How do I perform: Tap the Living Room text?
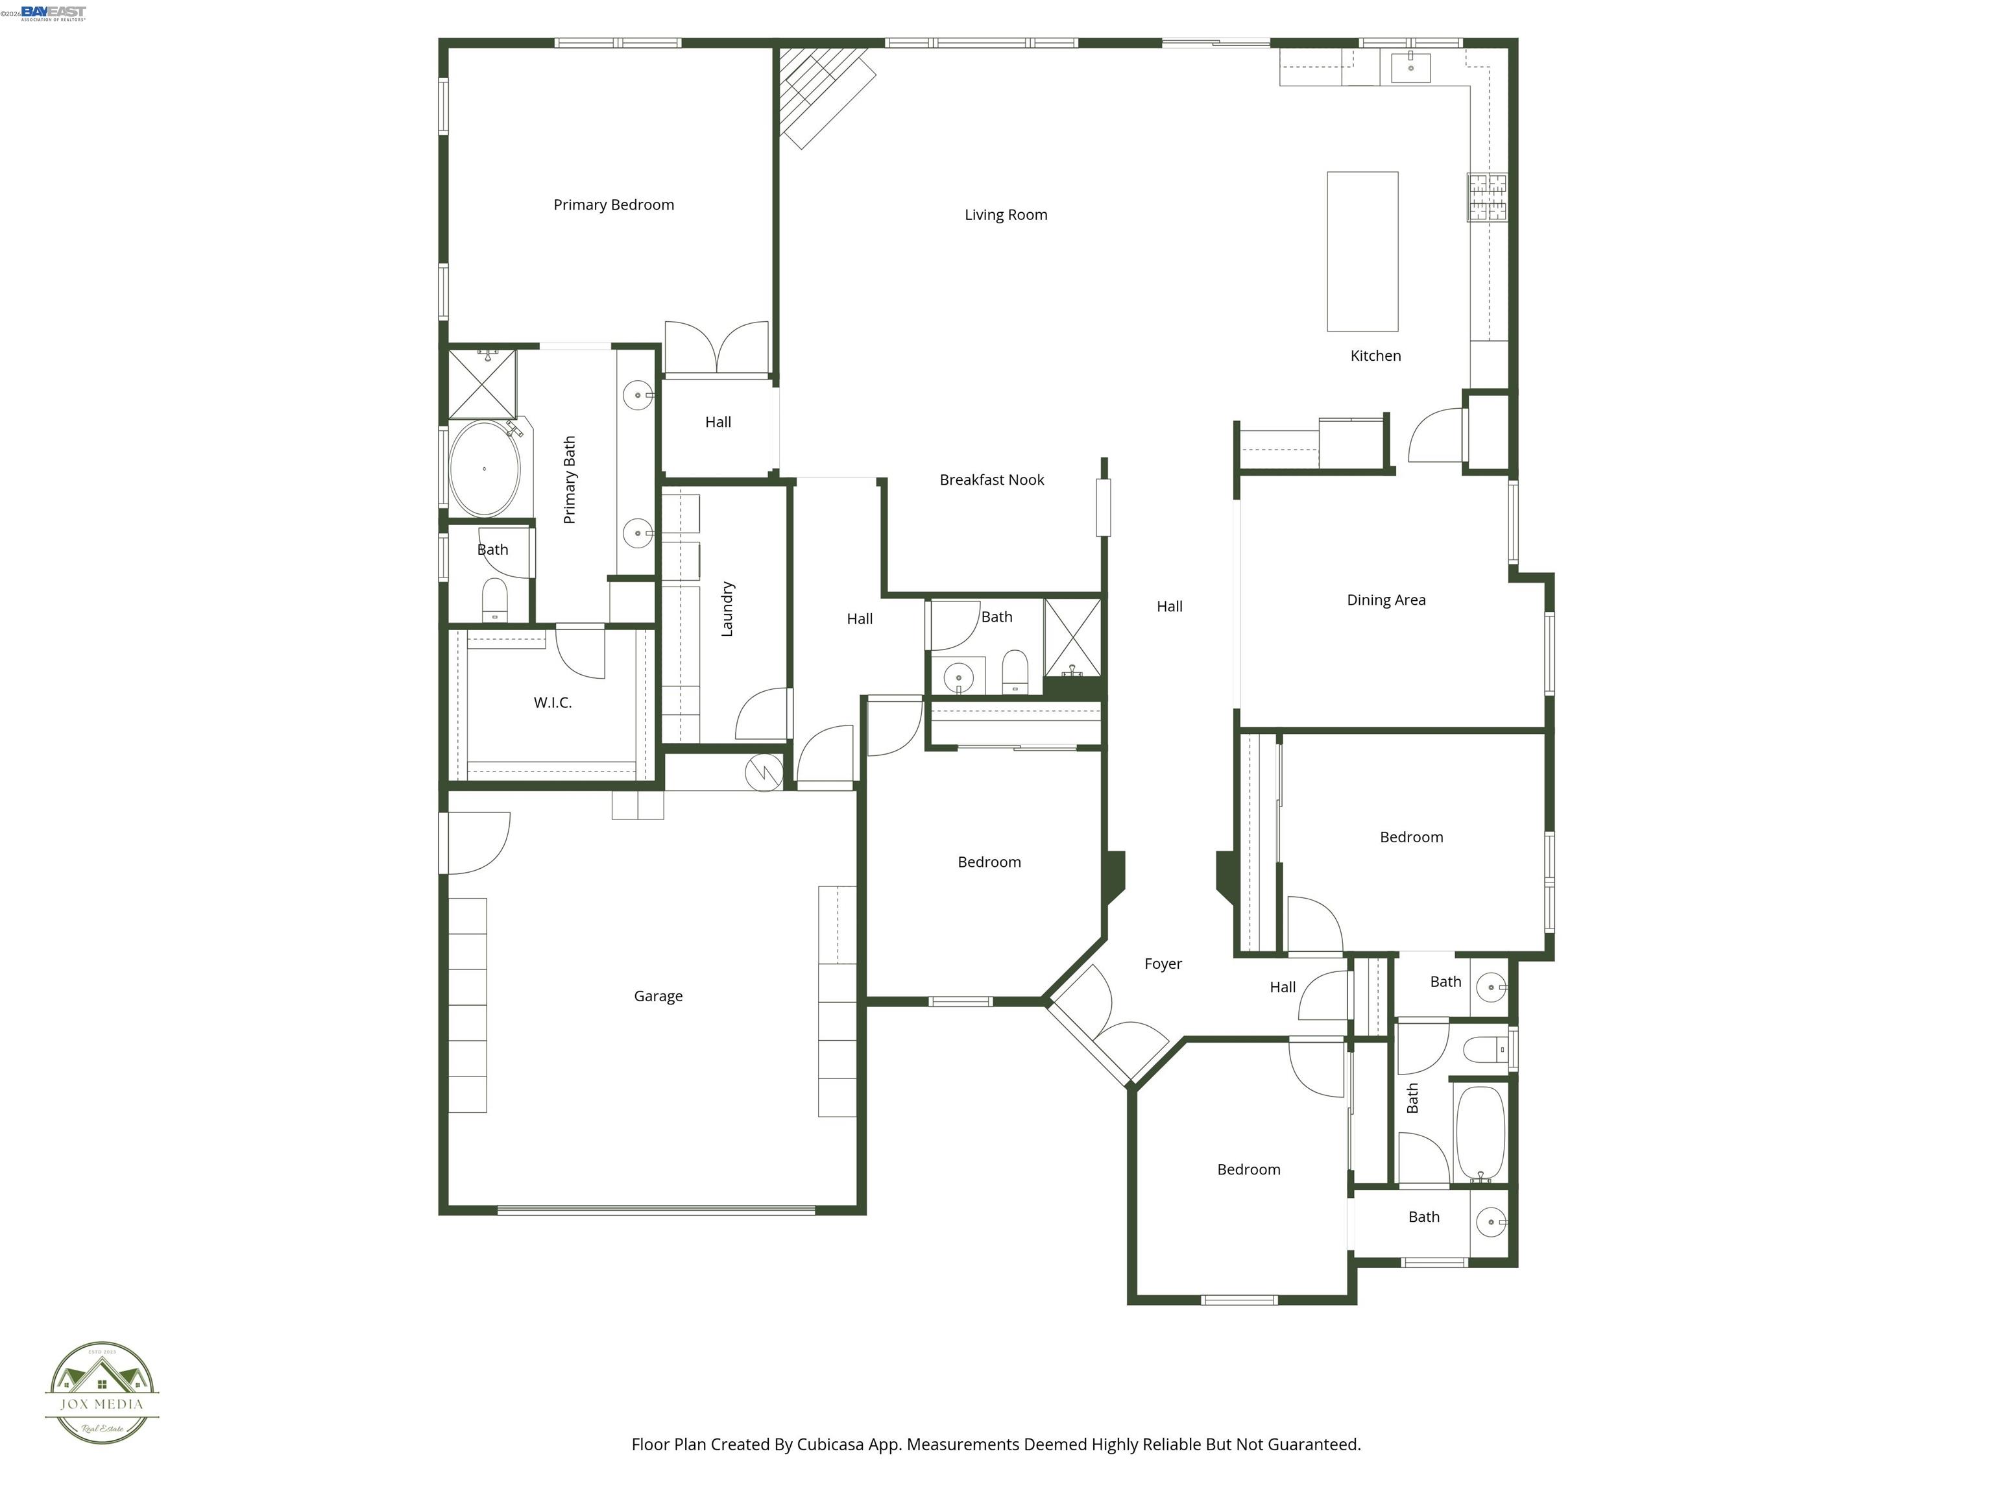1006,215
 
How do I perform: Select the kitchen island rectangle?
1362,251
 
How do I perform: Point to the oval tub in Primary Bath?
485,468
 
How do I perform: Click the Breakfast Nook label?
991,480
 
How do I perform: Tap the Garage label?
658,997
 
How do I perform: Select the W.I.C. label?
552,703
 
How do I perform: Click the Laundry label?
728,609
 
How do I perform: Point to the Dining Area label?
1386,600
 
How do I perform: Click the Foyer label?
1163,964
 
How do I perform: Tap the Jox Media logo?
102,1393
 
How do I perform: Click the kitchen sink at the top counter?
1410,67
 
